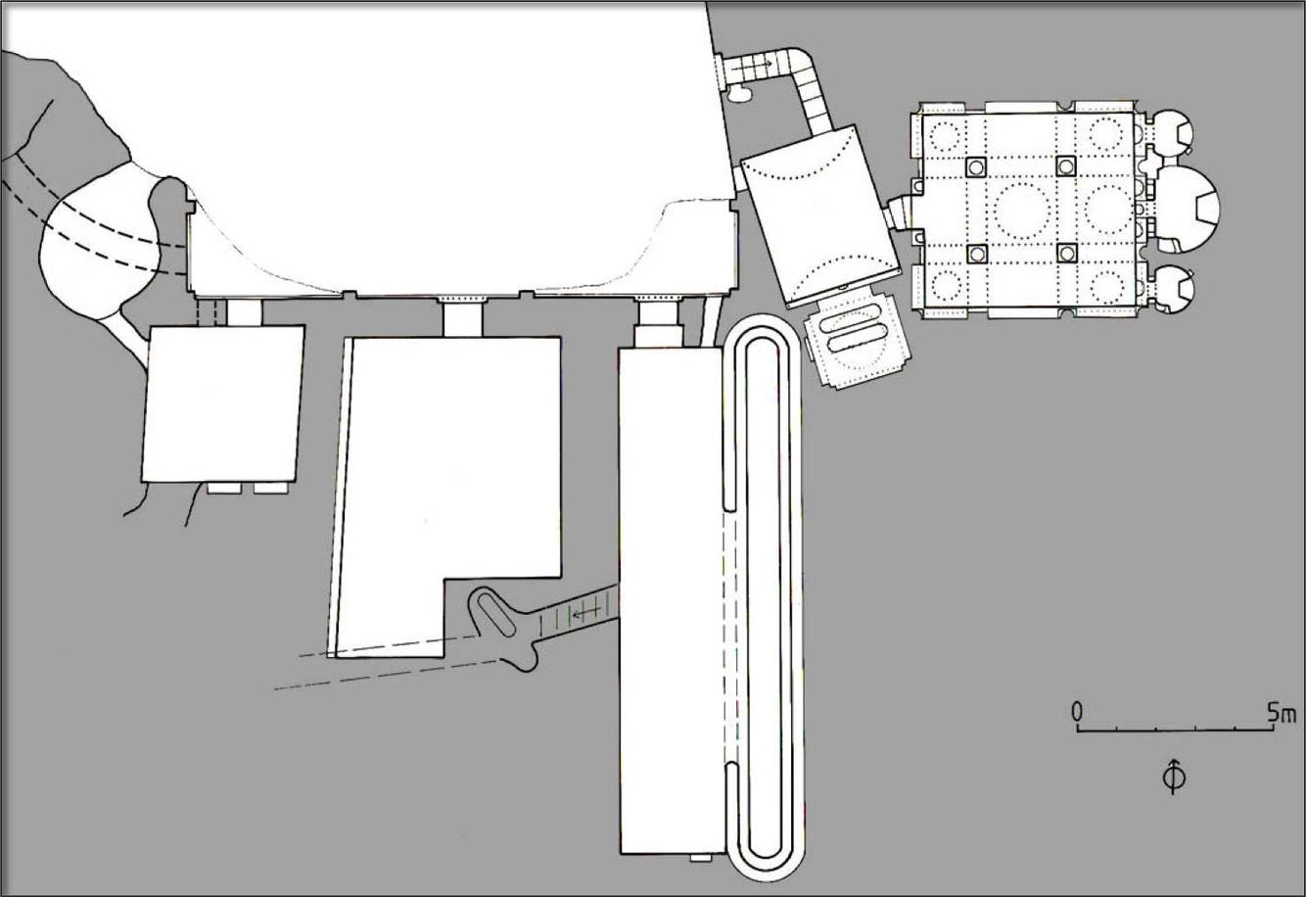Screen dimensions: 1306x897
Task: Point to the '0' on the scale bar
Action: (x=1077, y=712)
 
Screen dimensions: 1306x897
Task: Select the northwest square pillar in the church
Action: (x=975, y=166)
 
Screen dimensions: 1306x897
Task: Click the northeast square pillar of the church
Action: (x=1065, y=165)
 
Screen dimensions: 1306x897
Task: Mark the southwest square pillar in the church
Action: (x=976, y=254)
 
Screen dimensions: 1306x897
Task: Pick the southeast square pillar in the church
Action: (x=1065, y=253)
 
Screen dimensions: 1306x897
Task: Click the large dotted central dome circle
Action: (x=1021, y=208)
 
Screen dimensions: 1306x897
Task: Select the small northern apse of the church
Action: (x=1173, y=132)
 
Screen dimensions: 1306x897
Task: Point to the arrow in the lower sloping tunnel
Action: (x=586, y=614)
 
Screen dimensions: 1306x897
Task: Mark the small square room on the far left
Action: (x=223, y=403)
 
